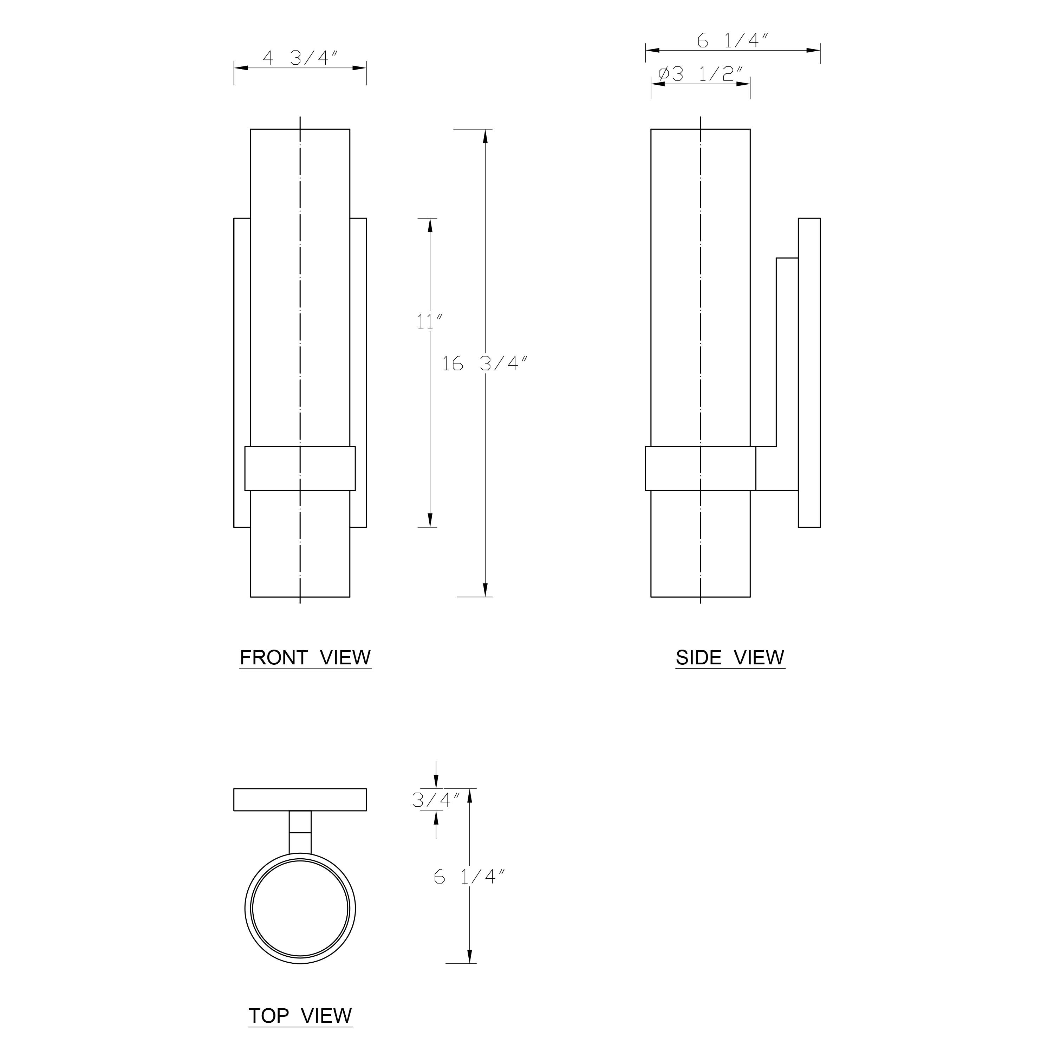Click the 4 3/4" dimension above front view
[301, 58]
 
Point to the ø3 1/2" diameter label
[701, 74]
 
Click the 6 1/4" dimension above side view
[733, 41]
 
